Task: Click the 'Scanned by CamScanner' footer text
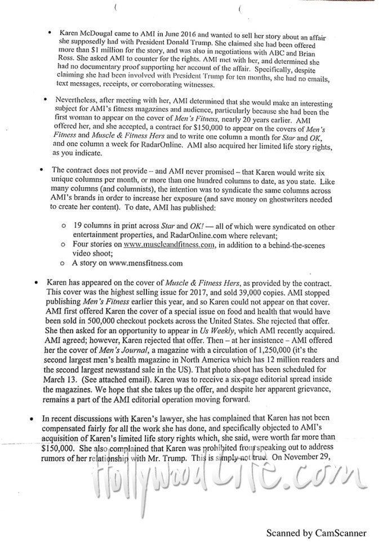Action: (317, 532)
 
